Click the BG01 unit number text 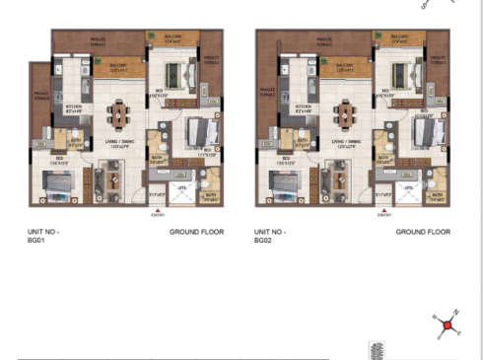point(42,237)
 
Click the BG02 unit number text point(269,237)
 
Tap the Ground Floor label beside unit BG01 point(196,232)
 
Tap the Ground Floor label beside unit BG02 point(423,232)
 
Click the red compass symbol point(447,324)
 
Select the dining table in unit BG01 point(120,114)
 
